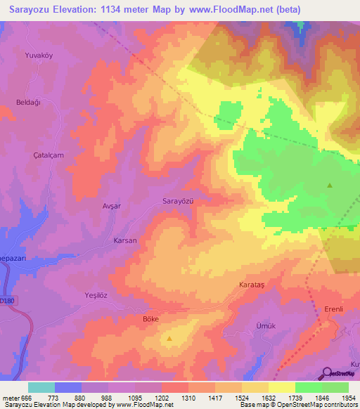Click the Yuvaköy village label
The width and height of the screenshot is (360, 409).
click(39, 55)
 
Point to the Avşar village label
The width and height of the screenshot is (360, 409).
click(112, 207)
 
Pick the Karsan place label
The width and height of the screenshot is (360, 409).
click(125, 240)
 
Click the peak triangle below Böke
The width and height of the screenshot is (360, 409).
click(170, 339)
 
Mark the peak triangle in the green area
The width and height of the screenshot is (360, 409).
click(330, 186)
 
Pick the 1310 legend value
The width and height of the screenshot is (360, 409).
click(189, 399)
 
